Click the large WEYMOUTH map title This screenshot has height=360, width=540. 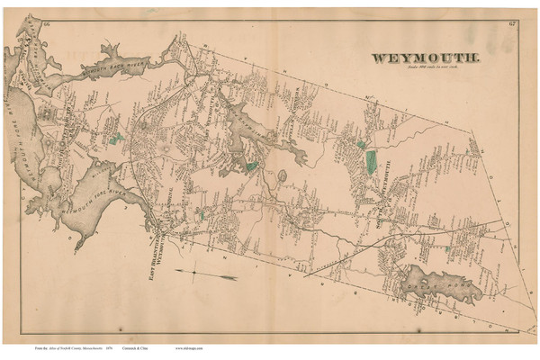[x=427, y=58]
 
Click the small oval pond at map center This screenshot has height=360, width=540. [x=280, y=175]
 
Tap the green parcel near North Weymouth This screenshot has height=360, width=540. [x=116, y=139]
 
